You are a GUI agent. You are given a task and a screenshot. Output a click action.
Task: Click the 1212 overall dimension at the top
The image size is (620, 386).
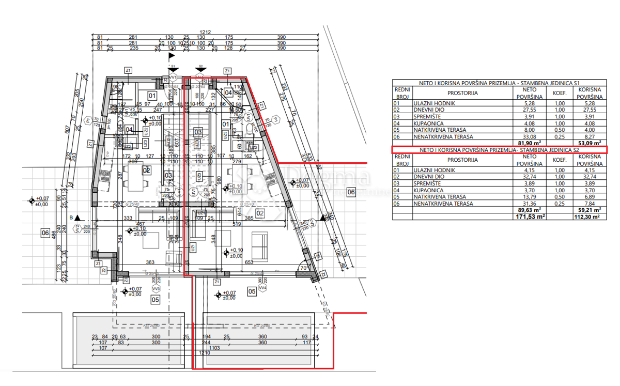point(207,33)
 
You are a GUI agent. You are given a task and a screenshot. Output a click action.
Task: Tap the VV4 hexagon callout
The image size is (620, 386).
point(262,287)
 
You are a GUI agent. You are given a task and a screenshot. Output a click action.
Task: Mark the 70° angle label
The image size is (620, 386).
point(304,268)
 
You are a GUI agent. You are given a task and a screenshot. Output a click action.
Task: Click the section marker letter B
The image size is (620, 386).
point(71,218)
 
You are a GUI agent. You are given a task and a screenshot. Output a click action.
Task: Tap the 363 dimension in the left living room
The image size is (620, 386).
point(150,263)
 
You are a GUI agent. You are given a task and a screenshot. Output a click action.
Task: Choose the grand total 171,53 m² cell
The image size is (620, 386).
point(529,217)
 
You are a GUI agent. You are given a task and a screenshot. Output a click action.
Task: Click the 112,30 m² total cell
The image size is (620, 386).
point(589,217)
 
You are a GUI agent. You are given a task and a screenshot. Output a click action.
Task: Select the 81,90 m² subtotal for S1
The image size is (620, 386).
point(529,143)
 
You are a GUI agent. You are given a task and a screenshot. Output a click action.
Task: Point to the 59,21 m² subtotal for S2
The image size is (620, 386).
point(589,210)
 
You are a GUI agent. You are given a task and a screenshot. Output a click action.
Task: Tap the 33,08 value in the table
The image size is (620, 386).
point(529,136)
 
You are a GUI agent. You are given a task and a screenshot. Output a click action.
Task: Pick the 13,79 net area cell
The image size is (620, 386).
point(529,197)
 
